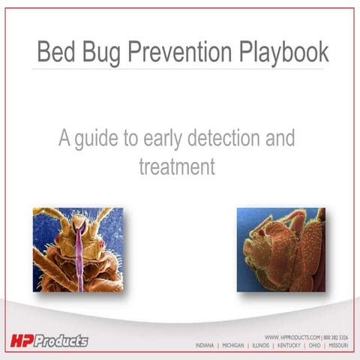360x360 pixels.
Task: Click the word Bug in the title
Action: (106, 52)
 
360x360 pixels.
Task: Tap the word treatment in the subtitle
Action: (177, 166)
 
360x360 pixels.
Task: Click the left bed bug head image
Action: (78, 249)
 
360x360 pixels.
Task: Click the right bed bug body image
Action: (281, 249)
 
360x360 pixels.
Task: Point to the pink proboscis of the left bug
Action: (79, 255)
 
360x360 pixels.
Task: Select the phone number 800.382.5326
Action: (336, 338)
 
